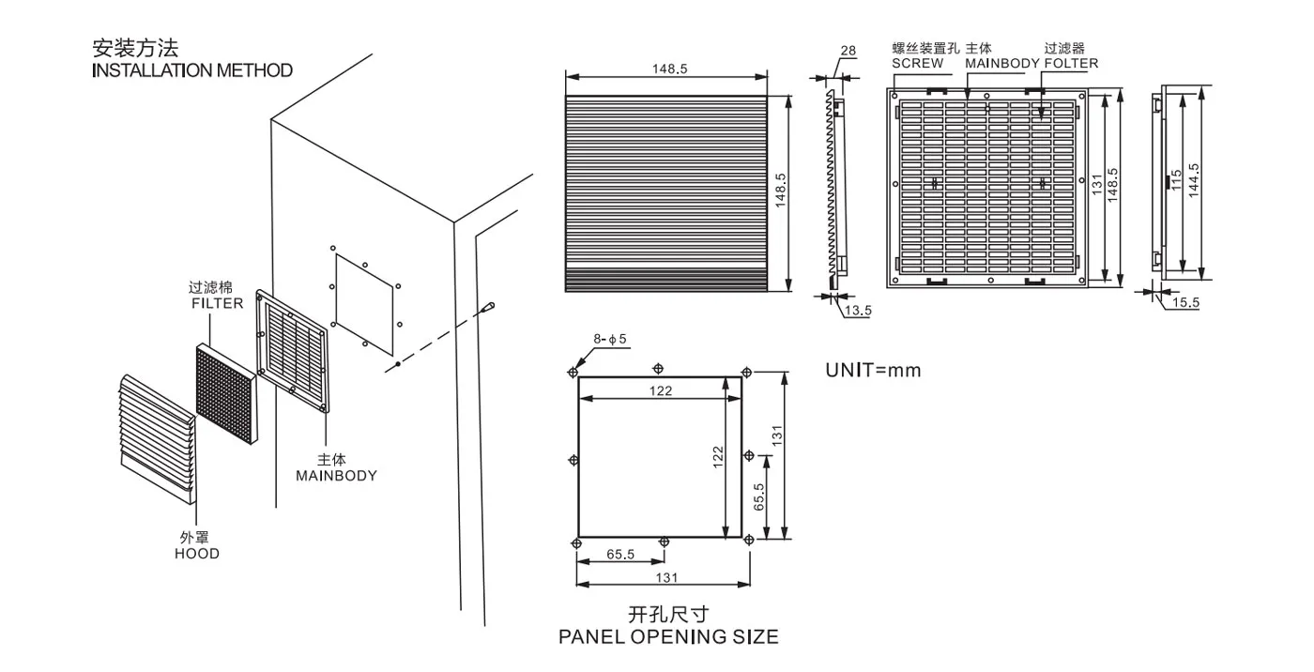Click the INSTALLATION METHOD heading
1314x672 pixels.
pos(192,70)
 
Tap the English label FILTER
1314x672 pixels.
pos(217,303)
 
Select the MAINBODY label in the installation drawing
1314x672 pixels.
pos(336,476)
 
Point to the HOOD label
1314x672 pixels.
pos(197,554)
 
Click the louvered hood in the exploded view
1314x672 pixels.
pos(158,440)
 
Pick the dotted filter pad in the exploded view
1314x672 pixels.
pos(226,393)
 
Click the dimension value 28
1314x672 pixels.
pos(848,51)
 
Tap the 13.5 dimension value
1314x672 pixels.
pos(858,311)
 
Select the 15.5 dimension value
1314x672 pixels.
pos(1185,302)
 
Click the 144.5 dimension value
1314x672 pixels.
pos(1193,180)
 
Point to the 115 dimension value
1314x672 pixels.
pos(1176,180)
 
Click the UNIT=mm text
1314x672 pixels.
pos(873,370)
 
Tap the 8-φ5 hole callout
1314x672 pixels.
pos(609,339)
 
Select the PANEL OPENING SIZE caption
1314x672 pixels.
pos(668,637)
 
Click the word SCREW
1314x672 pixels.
pos(918,63)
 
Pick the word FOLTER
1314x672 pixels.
pos(1071,63)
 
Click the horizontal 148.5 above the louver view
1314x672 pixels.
pos(669,69)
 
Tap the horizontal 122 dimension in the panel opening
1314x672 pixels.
pos(661,391)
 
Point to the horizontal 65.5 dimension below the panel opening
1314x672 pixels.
pos(620,554)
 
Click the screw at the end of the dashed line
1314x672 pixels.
pos(488,307)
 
